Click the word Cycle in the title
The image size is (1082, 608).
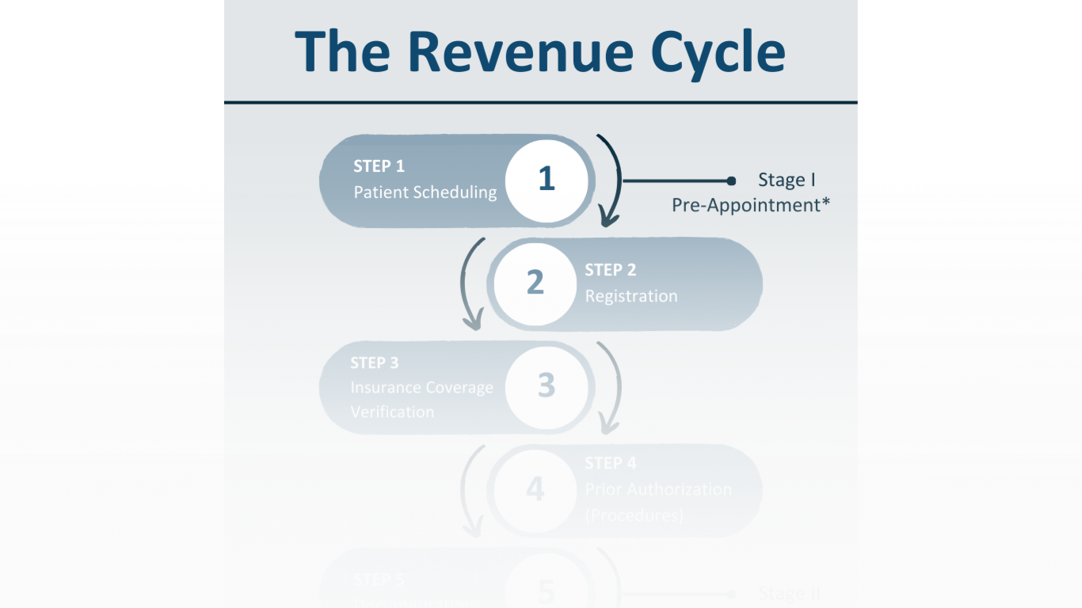pos(718,52)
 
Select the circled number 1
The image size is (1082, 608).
pos(547,180)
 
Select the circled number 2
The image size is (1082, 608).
pos(535,283)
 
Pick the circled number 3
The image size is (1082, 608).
pos(547,386)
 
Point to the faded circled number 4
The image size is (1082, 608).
pos(535,489)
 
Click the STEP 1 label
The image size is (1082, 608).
pos(379,166)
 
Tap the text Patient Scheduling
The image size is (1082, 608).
pos(425,192)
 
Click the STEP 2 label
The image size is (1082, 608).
pos(610,270)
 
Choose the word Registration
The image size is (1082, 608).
pos(631,296)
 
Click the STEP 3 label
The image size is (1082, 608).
pos(375,363)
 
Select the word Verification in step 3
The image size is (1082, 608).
pos(392,412)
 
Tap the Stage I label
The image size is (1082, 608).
pos(787,180)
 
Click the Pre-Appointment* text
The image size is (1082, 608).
pos(751,205)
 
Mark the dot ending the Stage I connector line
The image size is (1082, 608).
pos(731,181)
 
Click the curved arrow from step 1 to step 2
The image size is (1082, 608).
pos(612,180)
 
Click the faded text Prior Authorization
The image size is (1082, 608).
pos(658,489)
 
